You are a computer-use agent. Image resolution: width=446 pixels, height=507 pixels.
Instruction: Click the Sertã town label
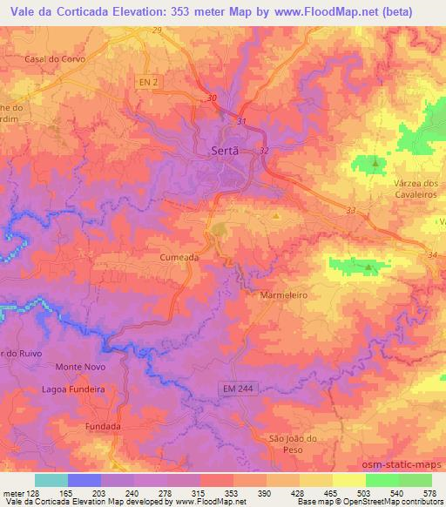tap(225, 150)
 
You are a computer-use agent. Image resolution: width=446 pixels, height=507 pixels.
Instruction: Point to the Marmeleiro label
tap(284, 295)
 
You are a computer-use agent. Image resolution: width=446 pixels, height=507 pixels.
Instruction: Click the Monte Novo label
tap(79, 367)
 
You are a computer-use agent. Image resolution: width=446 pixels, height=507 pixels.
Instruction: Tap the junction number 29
tap(157, 30)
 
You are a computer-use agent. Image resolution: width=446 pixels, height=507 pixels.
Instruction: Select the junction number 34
tap(432, 253)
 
